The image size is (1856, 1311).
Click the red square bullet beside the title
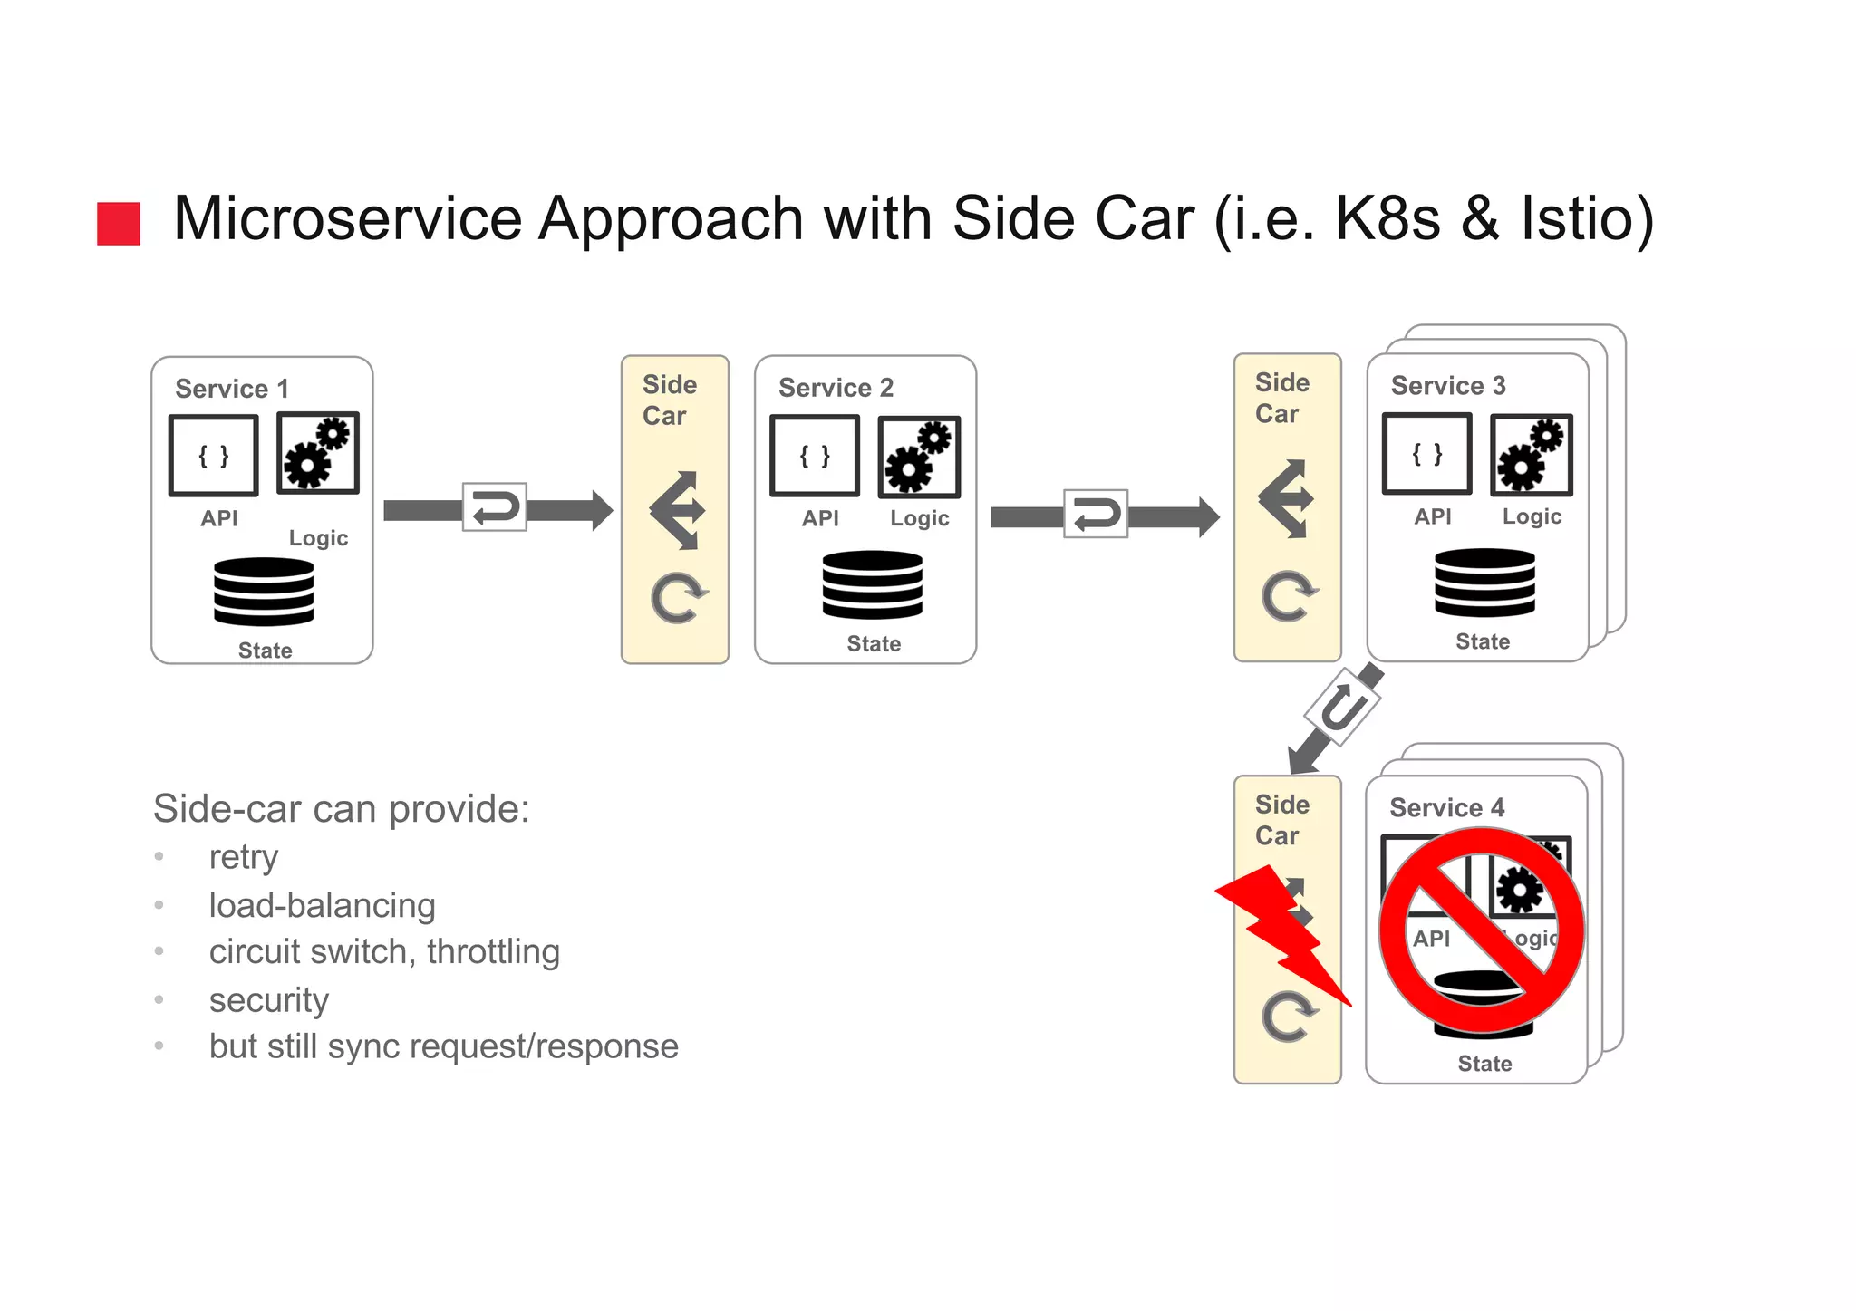point(119,223)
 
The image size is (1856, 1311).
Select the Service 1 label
point(232,389)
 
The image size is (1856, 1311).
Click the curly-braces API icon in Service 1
point(214,456)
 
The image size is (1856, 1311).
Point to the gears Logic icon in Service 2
point(919,458)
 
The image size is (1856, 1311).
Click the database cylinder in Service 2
point(872,585)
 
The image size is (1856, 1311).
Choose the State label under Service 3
point(1483,641)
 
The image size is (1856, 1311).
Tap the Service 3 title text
point(1448,386)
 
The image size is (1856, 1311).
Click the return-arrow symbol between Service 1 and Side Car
point(495,507)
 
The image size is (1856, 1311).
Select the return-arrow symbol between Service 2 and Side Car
point(1096,515)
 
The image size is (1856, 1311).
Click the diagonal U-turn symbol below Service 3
point(1343,708)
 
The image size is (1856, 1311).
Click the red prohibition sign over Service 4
point(1482,930)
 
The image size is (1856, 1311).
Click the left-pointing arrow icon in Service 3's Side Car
point(1286,498)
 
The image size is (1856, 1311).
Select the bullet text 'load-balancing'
point(322,905)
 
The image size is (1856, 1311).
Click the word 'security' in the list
point(268,999)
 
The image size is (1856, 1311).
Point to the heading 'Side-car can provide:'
point(341,808)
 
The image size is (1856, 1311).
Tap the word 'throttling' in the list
point(493,951)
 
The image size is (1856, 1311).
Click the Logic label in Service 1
point(318,538)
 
